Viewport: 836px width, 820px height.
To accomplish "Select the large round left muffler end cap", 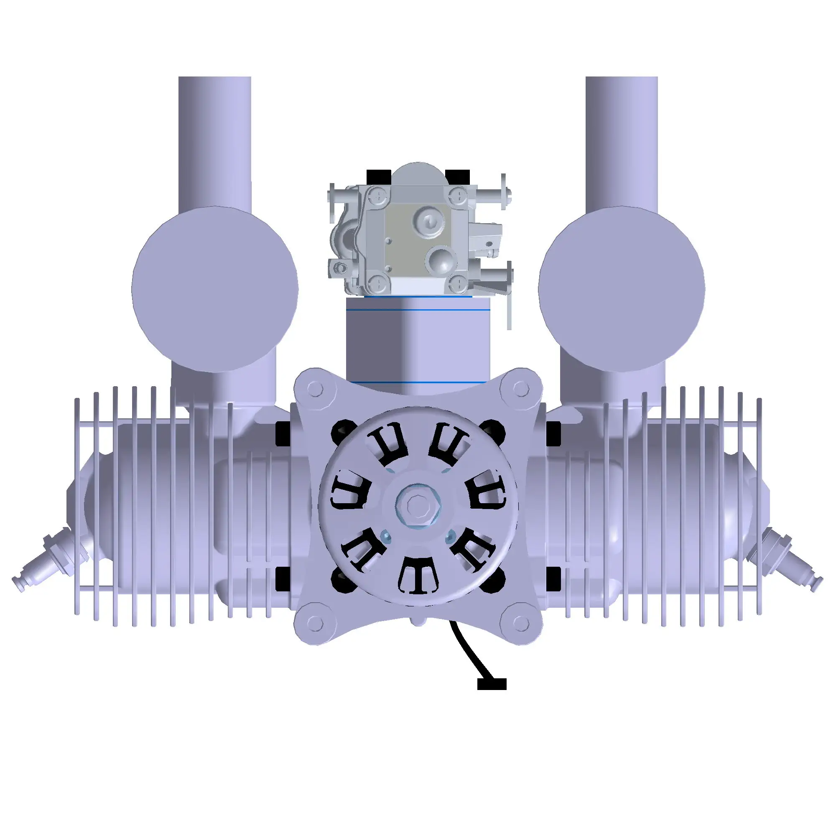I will pyautogui.click(x=214, y=289).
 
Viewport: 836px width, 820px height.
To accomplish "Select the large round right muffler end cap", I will pyautogui.click(x=621, y=289).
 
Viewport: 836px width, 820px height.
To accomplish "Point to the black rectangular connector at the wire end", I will pyautogui.click(x=492, y=683).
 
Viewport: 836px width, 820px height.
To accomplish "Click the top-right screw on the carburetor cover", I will pyautogui.click(x=459, y=196).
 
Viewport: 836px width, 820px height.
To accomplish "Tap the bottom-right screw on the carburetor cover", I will pyautogui.click(x=459, y=283).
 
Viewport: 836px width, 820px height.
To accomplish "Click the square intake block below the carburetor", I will pyautogui.click(x=418, y=344).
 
